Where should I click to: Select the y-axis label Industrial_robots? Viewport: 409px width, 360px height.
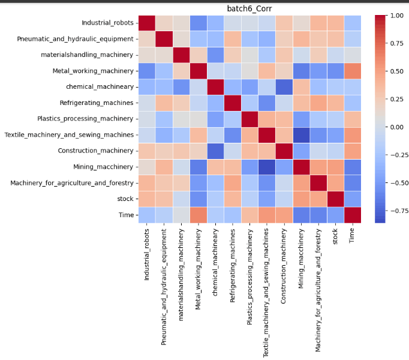(x=108, y=23)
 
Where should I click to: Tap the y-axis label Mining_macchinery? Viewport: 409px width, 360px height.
(x=104, y=166)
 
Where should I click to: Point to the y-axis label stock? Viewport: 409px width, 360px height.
(x=126, y=198)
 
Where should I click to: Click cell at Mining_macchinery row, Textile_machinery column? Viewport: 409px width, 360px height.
(x=267, y=166)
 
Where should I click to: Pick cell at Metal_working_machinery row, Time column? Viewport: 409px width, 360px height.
(x=353, y=70)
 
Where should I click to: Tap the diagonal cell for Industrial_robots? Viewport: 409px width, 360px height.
(x=147, y=23)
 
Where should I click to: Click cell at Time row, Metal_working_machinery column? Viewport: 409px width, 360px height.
(x=199, y=214)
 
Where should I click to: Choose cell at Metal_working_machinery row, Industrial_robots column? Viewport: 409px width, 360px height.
(x=147, y=70)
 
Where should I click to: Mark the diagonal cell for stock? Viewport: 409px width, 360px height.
(x=336, y=198)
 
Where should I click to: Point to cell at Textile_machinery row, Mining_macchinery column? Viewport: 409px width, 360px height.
(x=302, y=134)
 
